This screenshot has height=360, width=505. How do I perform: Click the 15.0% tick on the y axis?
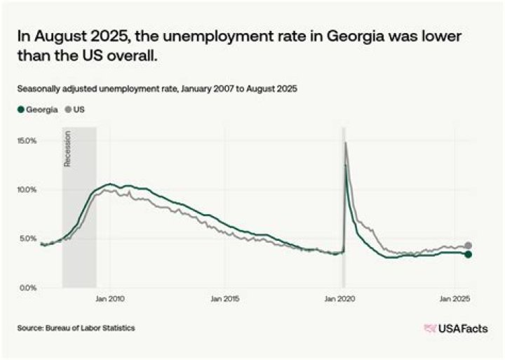(x=27, y=141)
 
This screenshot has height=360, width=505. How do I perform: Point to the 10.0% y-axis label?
(x=27, y=189)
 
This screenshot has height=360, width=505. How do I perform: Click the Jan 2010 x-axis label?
(x=110, y=299)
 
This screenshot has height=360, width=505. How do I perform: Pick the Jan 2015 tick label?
(x=226, y=299)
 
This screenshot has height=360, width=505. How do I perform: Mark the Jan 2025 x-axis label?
(x=456, y=299)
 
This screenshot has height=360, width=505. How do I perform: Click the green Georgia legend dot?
(x=21, y=110)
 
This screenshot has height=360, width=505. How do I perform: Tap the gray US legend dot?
(x=68, y=110)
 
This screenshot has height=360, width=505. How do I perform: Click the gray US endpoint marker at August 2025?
(x=469, y=246)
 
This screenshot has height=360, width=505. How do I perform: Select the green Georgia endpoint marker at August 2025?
(x=469, y=254)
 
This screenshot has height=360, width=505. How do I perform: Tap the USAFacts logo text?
(x=463, y=328)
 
